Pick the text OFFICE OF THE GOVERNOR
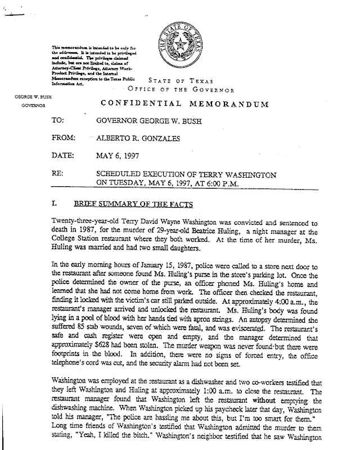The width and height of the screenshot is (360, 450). (181, 89)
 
